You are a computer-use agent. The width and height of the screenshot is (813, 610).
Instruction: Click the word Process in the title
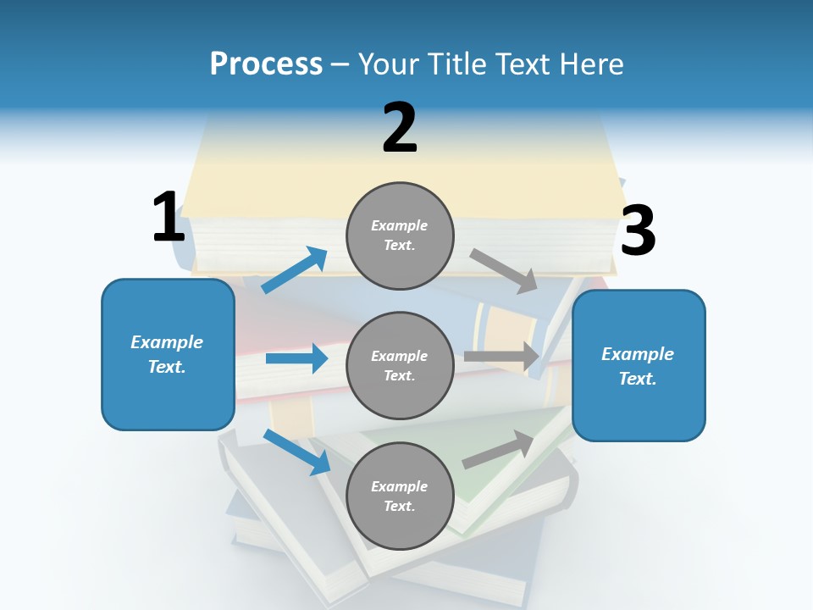click(x=266, y=64)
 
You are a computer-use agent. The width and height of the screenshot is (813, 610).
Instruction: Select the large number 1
click(x=169, y=217)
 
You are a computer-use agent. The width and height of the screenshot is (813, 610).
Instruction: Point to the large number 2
click(x=400, y=128)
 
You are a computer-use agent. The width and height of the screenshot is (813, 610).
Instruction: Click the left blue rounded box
click(x=168, y=354)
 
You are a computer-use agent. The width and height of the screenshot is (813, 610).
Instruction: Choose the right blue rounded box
click(x=639, y=366)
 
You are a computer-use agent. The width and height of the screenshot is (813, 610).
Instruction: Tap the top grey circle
click(x=400, y=236)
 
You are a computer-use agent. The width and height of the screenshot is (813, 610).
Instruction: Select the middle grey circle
click(x=400, y=365)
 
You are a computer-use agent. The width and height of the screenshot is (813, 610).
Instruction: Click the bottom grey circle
click(x=400, y=496)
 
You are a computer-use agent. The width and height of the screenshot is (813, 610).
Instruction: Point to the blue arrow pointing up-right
click(x=295, y=270)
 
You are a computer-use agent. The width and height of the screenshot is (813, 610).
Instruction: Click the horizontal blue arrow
click(x=296, y=358)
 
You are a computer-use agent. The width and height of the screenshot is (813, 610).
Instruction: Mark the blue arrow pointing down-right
click(x=296, y=452)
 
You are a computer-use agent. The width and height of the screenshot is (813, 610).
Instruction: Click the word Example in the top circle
click(x=400, y=225)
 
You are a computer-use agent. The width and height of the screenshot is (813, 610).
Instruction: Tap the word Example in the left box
click(x=167, y=342)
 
